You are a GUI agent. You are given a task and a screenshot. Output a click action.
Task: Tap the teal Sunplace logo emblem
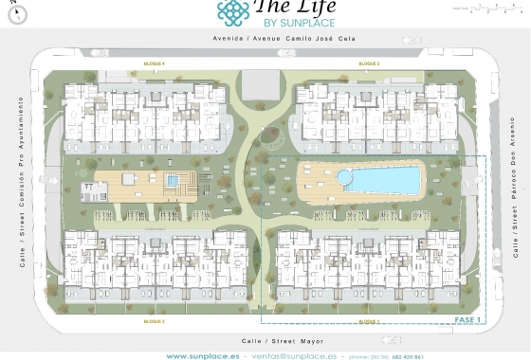coord(233,10)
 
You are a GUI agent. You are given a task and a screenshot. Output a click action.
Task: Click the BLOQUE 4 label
coord(155,63)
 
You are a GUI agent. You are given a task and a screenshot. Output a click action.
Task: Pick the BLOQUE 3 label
coord(369,63)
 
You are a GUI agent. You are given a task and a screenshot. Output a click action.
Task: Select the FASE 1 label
coord(468,321)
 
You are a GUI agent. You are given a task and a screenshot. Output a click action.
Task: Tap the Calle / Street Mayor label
coord(265,340)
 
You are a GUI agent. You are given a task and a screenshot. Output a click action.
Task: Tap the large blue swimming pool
coord(379,178)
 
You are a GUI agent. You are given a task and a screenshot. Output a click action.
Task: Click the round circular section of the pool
coord(344,176)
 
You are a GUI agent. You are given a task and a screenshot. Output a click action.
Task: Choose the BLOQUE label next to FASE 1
coord(369,322)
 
